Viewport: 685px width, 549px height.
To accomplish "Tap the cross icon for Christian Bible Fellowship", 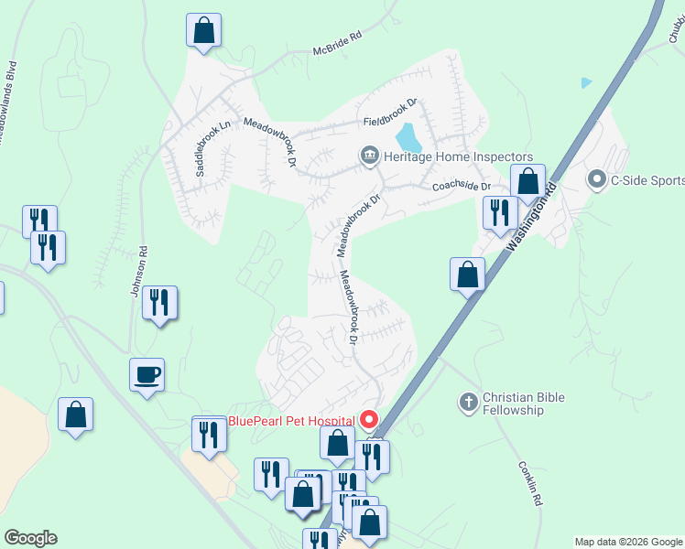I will (468, 403).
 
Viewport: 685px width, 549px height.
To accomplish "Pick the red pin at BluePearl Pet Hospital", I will (369, 420).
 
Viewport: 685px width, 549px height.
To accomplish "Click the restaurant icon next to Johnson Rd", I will (159, 301).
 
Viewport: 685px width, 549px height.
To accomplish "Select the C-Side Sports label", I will (647, 180).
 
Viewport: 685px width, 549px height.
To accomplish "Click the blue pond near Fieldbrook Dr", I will (408, 138).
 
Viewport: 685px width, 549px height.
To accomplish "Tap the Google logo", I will (30, 538).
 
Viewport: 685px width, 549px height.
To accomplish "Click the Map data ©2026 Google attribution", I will (628, 542).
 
